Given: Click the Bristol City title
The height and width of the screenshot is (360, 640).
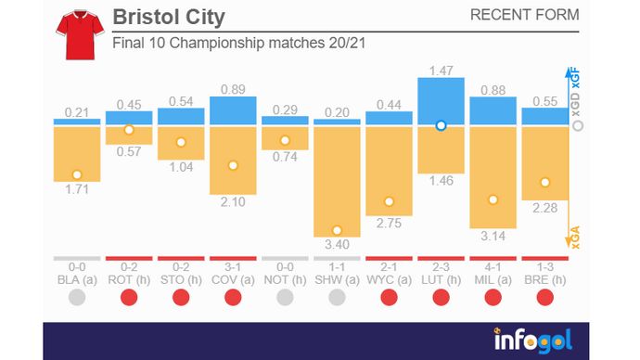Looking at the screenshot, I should click(168, 18).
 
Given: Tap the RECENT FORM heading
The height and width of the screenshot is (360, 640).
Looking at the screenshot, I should click(524, 15).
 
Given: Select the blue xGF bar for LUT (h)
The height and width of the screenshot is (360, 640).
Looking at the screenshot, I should click(441, 101).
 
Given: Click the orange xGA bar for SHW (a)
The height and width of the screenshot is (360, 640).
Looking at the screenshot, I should click(337, 182).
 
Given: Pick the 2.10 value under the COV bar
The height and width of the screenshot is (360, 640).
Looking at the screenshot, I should click(233, 202).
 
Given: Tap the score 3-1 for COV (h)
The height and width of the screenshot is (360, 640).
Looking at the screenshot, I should click(233, 267).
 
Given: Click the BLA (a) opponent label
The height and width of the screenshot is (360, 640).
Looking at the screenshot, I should click(77, 278).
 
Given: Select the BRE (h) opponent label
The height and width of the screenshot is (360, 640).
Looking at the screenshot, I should click(544, 278).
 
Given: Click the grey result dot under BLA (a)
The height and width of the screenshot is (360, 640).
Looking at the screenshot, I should click(77, 298).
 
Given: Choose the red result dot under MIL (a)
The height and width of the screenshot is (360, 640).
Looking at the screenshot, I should click(493, 298).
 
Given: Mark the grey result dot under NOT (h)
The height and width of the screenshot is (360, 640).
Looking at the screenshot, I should click(285, 298).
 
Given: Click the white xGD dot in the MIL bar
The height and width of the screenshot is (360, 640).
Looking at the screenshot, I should click(493, 199).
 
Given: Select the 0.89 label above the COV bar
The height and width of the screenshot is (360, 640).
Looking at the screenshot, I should click(233, 88).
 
